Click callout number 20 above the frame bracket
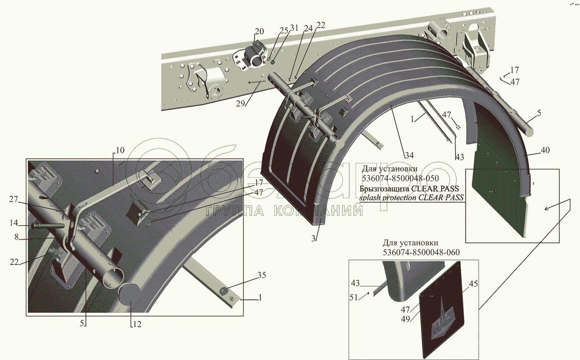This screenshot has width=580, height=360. point(259,31)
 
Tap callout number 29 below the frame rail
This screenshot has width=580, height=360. point(241,104)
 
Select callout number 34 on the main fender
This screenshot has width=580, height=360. point(409,155)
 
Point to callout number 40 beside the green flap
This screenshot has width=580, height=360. point(545,150)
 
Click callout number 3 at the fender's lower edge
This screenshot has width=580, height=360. point(314,239)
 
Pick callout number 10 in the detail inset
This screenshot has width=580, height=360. point(120,150)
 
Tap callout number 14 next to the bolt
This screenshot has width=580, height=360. point(14,223)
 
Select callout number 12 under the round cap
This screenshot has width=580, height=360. point(137,324)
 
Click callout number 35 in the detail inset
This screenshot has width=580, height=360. point(262,275)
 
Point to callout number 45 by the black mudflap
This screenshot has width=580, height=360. point(473,284)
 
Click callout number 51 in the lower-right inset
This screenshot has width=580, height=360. point(353,297)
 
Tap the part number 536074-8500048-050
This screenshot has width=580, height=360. point(400,178)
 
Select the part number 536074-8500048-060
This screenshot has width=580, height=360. point(421,253)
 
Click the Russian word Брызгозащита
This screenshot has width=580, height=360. point(384,189)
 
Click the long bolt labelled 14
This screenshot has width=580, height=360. point(48,225)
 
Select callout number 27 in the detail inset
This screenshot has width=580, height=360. point(14,199)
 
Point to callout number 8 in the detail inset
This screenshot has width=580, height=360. point(17,237)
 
